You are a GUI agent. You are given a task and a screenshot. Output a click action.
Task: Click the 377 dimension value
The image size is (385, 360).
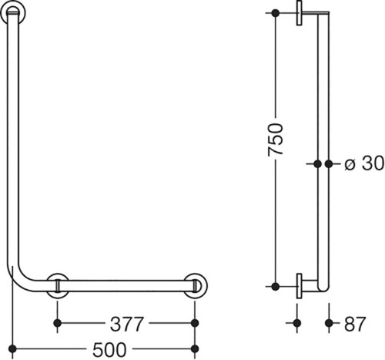tap(126, 324)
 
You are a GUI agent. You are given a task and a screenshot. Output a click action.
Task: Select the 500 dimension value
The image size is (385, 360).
tap(109, 349)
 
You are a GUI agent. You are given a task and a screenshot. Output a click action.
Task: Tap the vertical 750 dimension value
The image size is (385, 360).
tap(276, 140)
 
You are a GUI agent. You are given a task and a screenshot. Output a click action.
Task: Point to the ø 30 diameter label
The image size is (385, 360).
tap(364, 163)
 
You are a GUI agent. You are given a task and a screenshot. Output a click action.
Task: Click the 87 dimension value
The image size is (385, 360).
tap(355, 324)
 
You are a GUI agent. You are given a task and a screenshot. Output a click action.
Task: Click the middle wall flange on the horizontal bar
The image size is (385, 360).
tap(58, 286)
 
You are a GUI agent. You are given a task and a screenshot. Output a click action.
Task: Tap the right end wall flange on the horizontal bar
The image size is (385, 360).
tap(196, 286)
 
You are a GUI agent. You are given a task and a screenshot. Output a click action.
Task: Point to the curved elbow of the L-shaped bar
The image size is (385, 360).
tap(21, 278)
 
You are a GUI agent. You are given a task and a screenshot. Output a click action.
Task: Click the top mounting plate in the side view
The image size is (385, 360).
tap(299, 13)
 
